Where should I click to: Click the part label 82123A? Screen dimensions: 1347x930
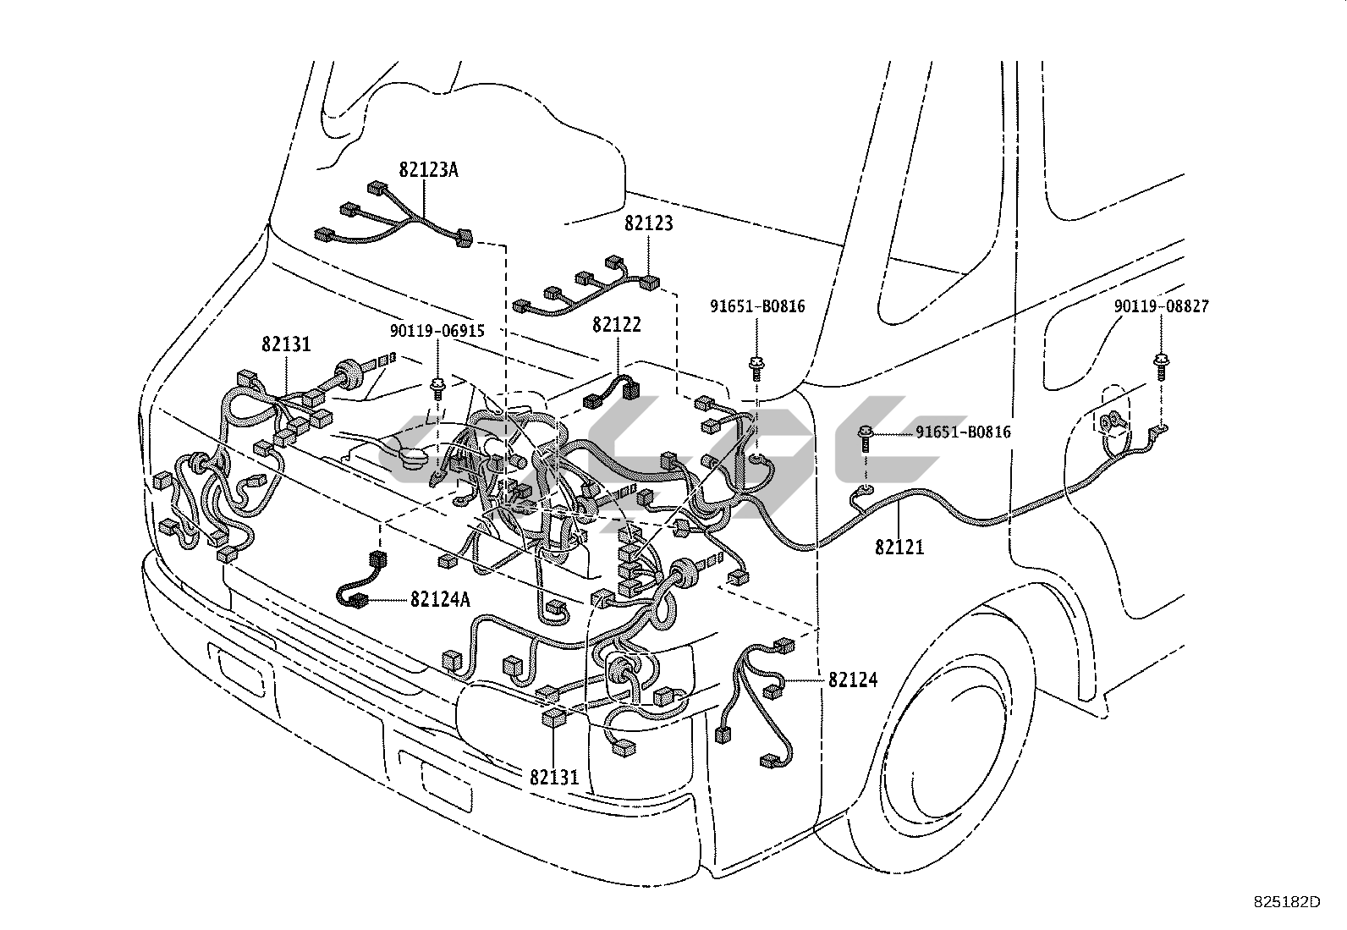(x=428, y=170)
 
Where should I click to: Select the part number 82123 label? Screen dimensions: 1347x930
(x=648, y=223)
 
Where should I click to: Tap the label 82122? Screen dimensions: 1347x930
(x=616, y=325)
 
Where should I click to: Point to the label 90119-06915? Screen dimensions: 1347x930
(x=437, y=331)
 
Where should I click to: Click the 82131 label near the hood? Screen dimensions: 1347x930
(x=286, y=344)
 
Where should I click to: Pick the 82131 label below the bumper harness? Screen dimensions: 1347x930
(x=554, y=777)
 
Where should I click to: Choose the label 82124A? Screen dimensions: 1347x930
(x=440, y=600)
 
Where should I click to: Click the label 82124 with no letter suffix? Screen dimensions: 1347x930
(x=853, y=680)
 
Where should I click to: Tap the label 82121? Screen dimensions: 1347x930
(x=899, y=548)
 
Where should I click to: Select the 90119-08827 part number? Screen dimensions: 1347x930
(x=1161, y=306)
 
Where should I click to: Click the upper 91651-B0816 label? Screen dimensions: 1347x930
(x=757, y=306)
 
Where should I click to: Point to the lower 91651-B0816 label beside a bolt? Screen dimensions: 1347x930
(x=963, y=432)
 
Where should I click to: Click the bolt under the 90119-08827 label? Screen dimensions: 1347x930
(x=1161, y=367)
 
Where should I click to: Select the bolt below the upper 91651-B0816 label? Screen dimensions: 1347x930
(x=756, y=368)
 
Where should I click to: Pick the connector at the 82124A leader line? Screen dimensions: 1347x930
(x=359, y=600)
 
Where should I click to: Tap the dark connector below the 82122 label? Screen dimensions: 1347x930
(x=630, y=390)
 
